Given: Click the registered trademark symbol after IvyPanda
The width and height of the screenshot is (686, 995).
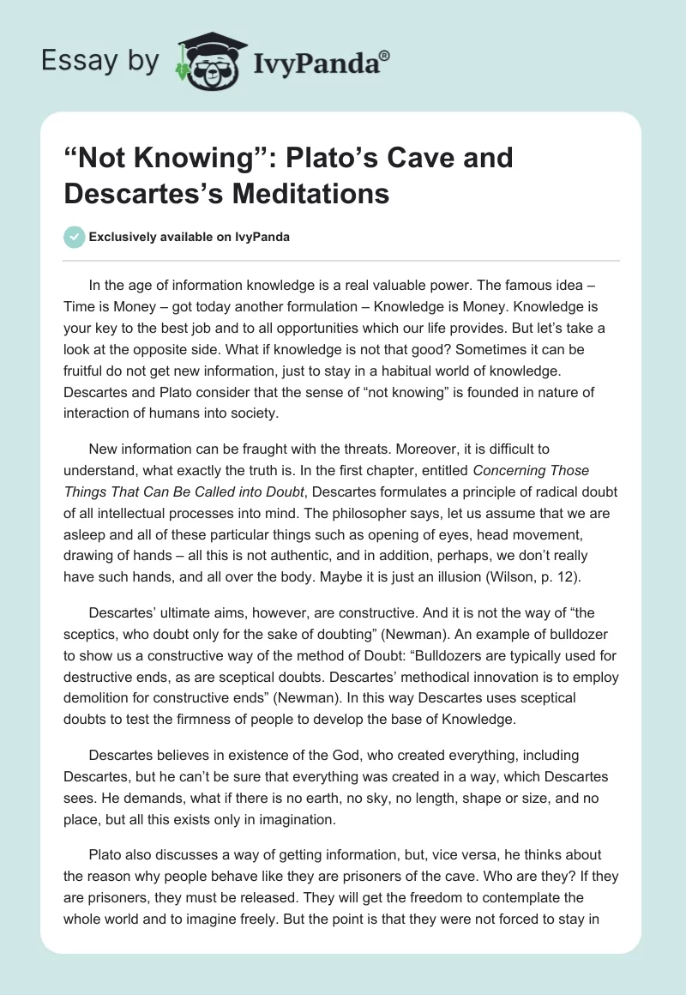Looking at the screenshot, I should (385, 54).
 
